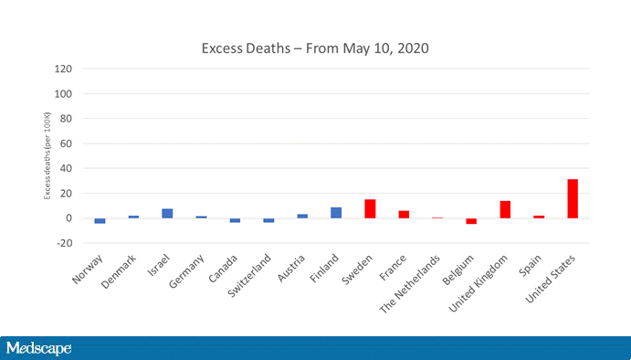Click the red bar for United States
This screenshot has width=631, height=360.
[x=573, y=199]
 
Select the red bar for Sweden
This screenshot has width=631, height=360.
[x=370, y=209]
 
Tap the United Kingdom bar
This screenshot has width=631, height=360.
[x=505, y=209]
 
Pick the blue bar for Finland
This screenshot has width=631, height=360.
[x=336, y=213]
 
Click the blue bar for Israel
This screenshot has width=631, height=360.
[x=167, y=214]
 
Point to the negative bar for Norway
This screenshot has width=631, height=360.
[x=100, y=221]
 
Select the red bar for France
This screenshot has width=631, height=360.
[x=404, y=215]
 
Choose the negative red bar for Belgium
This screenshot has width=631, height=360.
[x=471, y=221]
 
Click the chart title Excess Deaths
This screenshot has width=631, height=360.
[x=315, y=48]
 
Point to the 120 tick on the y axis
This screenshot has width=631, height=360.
[x=64, y=69]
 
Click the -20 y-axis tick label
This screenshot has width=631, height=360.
[x=64, y=243]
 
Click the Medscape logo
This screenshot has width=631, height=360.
[x=38, y=348]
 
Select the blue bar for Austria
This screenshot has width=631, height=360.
[x=302, y=216]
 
